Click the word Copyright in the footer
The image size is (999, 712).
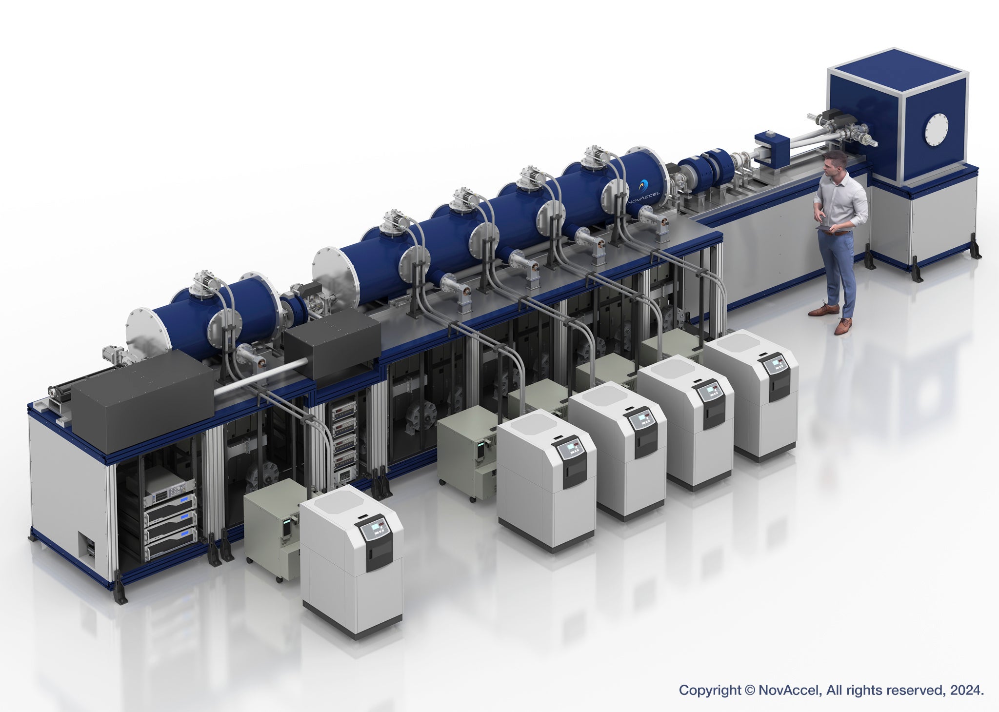710,690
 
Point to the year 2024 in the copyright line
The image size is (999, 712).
968,690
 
